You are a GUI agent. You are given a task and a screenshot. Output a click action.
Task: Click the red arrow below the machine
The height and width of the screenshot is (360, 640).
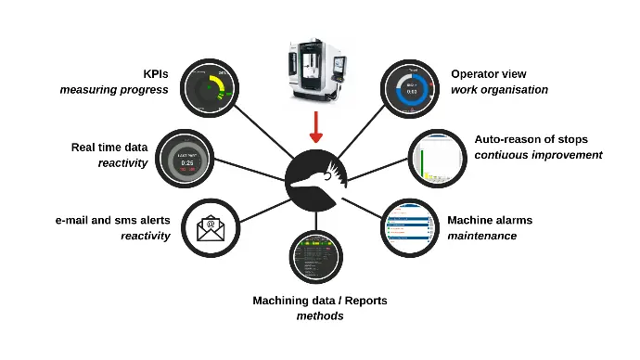point(316,125)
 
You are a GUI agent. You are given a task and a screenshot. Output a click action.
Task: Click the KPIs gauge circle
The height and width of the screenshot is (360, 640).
point(211,90)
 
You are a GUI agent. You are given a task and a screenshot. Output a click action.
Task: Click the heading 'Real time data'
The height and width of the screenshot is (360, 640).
point(109,147)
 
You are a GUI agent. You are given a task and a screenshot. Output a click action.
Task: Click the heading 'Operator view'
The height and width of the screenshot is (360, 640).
point(488,74)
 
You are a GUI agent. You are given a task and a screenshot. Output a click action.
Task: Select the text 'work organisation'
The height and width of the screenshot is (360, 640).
point(499,90)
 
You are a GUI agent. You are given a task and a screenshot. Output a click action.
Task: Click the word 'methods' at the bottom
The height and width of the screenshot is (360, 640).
point(318,316)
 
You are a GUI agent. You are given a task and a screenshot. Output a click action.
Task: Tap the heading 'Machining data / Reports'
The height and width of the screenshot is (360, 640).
point(320,301)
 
